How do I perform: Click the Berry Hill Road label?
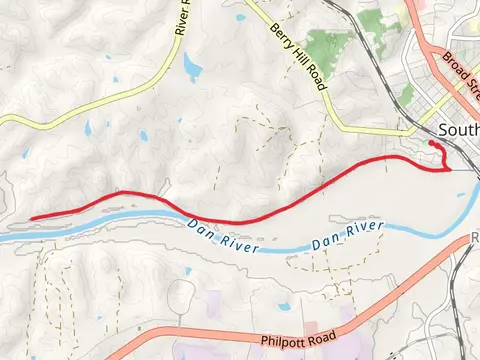tap(299, 56)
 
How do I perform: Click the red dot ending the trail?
tap(432, 144)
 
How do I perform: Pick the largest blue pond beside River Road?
tap(191, 68)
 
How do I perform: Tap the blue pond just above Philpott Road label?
tap(283, 307)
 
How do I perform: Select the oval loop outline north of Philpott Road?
tap(181, 293)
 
